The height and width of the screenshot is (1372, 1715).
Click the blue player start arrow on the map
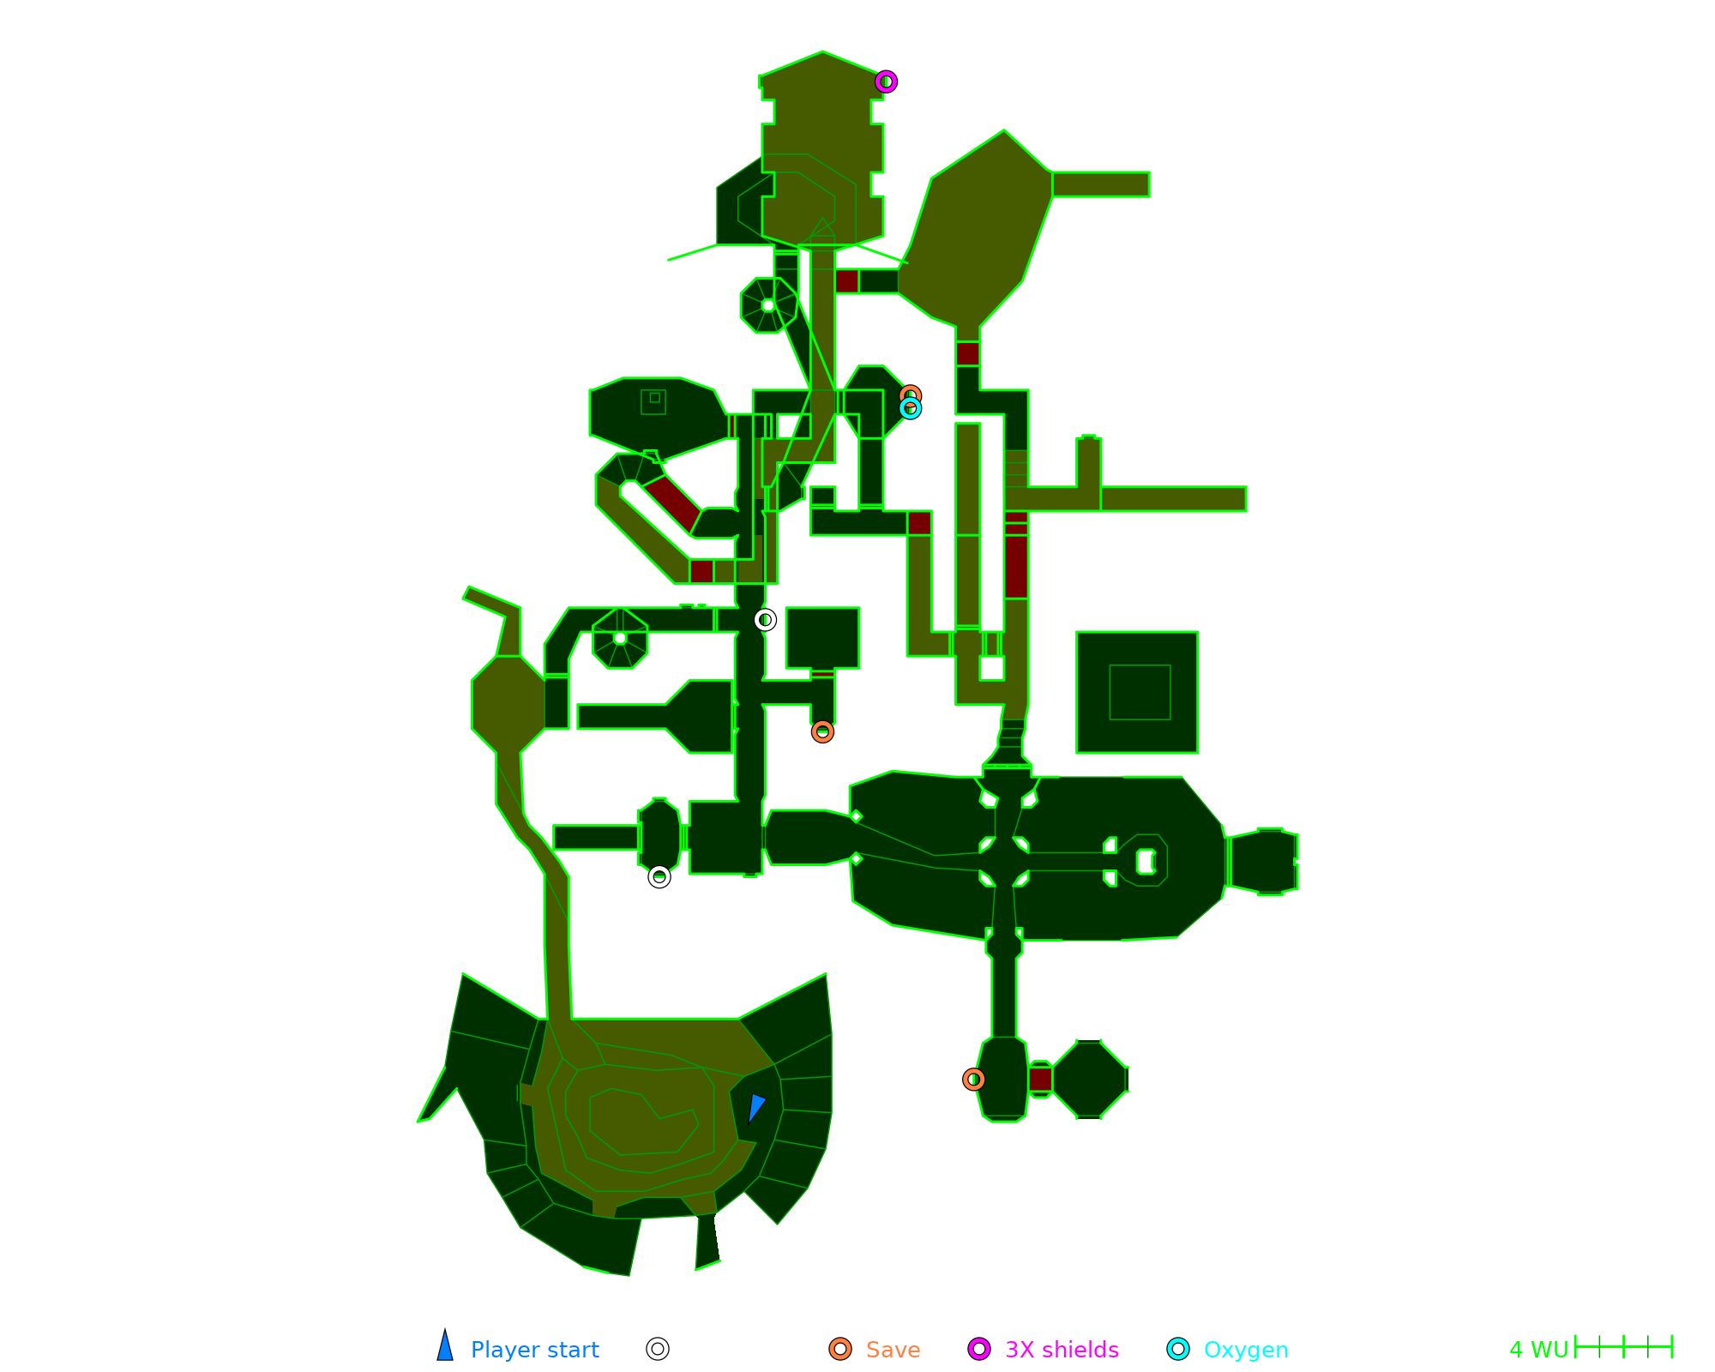point(755,1107)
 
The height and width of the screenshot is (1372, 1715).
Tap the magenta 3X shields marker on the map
point(886,81)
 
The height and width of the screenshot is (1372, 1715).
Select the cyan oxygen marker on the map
point(910,408)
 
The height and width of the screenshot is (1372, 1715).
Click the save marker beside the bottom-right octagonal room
point(973,1079)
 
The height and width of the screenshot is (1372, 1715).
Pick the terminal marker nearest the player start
point(659,876)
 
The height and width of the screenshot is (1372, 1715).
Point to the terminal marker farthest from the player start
point(765,619)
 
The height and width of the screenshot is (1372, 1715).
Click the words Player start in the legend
point(534,1350)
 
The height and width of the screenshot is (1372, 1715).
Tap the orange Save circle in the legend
point(840,1349)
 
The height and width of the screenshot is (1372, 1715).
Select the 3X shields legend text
point(1062,1350)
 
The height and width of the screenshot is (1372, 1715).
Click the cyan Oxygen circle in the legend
point(1178,1349)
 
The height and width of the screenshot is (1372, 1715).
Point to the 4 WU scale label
point(1538,1350)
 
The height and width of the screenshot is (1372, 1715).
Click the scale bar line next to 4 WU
point(1623,1347)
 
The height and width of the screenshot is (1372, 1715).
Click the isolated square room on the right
point(1137,692)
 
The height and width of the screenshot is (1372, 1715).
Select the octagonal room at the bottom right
point(1089,1080)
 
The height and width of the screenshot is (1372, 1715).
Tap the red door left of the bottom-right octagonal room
point(1040,1079)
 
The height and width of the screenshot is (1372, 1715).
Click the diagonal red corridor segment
point(673,504)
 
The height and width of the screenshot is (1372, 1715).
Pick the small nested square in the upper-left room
point(654,398)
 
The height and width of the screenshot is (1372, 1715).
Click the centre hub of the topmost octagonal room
point(767,305)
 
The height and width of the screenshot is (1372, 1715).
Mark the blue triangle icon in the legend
point(445,1347)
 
